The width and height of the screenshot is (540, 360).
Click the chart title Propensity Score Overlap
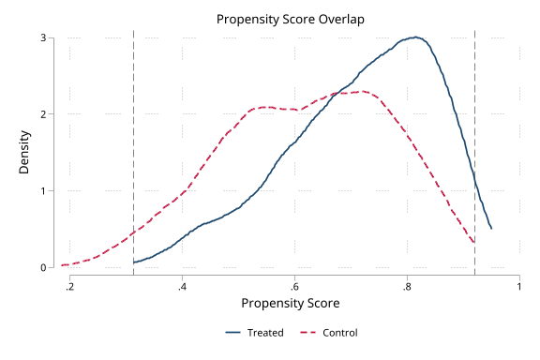(x=290, y=19)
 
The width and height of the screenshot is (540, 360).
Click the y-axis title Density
(x=25, y=153)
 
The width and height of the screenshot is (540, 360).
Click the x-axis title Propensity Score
(x=290, y=304)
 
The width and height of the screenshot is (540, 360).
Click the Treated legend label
(x=267, y=333)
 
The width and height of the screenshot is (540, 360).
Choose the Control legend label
(x=339, y=333)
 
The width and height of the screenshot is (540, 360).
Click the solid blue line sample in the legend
(x=235, y=333)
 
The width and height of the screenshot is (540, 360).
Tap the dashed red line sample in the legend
(x=308, y=333)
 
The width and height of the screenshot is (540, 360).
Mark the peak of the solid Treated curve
(x=415, y=37)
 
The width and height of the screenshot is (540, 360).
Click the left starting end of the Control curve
(x=63, y=265)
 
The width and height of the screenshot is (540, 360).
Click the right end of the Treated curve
(x=491, y=228)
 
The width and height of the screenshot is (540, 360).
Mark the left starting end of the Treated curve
(x=134, y=262)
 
